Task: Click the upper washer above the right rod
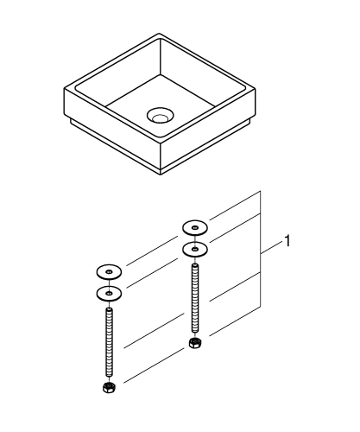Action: pyautogui.click(x=195, y=228)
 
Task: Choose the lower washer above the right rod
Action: pyautogui.click(x=195, y=249)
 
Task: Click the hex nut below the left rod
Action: pyautogui.click(x=110, y=385)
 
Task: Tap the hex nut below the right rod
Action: pyautogui.click(x=195, y=343)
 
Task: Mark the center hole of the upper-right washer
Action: pyautogui.click(x=195, y=228)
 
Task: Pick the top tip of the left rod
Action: pyautogui.click(x=110, y=308)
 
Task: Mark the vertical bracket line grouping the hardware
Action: pyautogui.click(x=261, y=259)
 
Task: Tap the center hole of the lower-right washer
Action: pyautogui.click(x=195, y=249)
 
